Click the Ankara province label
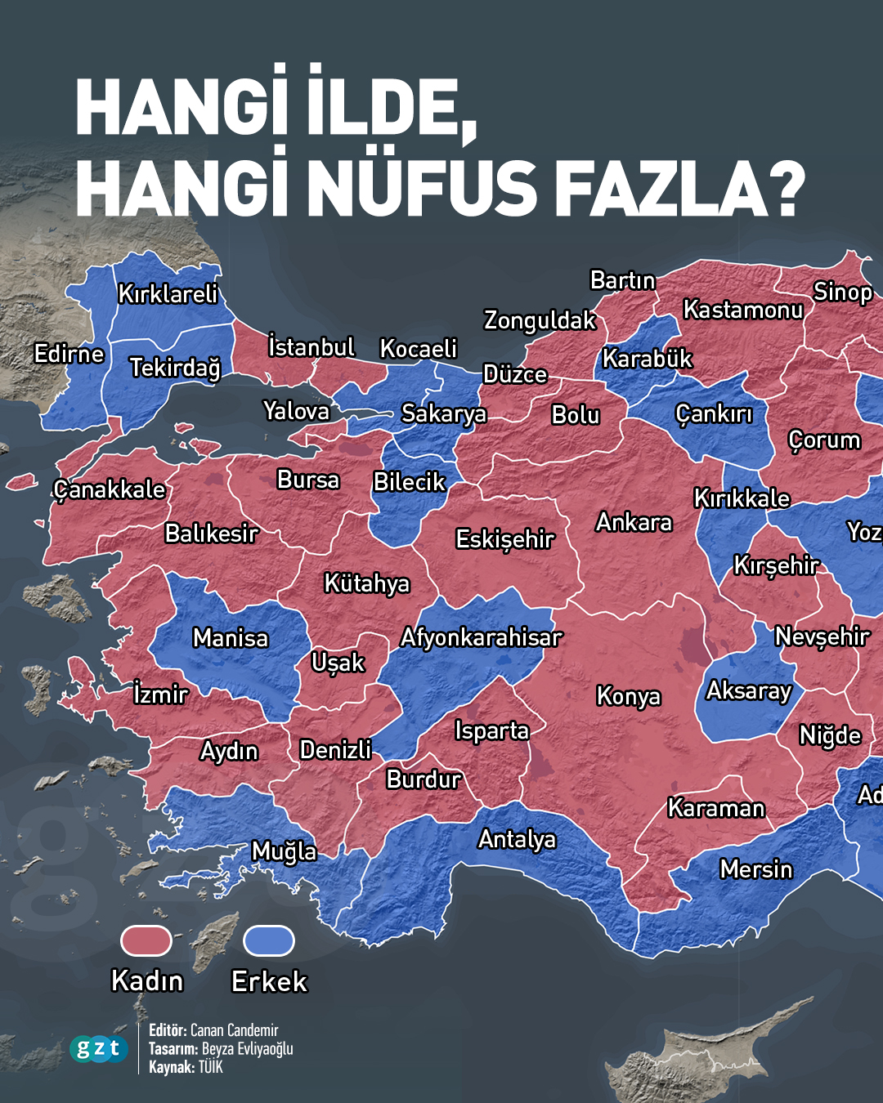click(634, 522)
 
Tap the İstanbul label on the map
click(312, 347)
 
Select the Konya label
click(628, 695)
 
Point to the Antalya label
click(517, 839)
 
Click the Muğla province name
click(284, 851)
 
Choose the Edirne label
click(69, 354)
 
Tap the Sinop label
click(842, 292)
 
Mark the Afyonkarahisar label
click(481, 637)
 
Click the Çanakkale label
click(110, 489)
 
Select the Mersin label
click(755, 869)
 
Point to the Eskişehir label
click(504, 539)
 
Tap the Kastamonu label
click(742, 310)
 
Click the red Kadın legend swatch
click(146, 941)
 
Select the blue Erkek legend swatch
click(269, 941)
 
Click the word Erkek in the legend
click(269, 980)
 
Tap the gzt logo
click(99, 1048)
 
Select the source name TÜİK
click(210, 1067)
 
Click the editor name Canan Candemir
click(234, 1030)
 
